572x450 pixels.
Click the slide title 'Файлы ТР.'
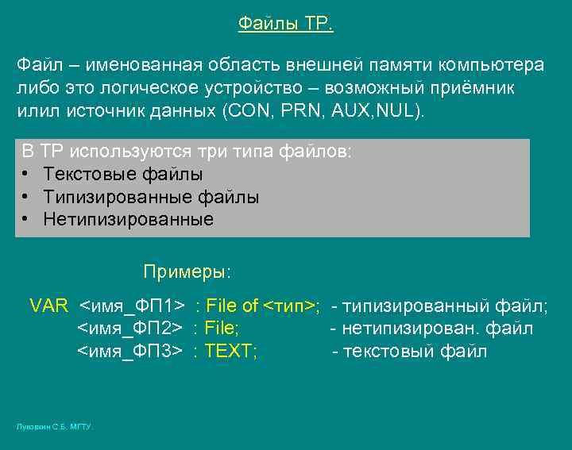point(286,24)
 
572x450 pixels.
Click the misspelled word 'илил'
point(34,110)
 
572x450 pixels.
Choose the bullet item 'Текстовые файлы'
point(123,174)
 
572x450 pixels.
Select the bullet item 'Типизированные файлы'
point(151,197)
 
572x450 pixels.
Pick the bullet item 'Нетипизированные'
point(129,220)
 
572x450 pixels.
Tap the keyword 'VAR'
point(49,306)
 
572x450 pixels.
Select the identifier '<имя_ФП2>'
point(130,328)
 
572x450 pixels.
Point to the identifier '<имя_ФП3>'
point(130,351)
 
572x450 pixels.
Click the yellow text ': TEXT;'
point(226,351)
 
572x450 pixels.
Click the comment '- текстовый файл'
point(409,351)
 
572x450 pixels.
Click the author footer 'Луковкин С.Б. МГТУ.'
point(55,427)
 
